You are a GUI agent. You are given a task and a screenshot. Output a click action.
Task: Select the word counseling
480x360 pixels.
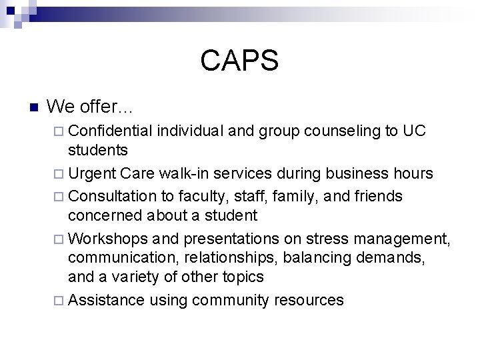point(342,131)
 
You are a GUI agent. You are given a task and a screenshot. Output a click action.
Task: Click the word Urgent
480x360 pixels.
point(93,175)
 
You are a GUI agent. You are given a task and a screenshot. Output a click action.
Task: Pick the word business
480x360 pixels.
point(359,175)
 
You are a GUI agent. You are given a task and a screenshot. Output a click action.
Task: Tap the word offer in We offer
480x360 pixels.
point(99,107)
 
